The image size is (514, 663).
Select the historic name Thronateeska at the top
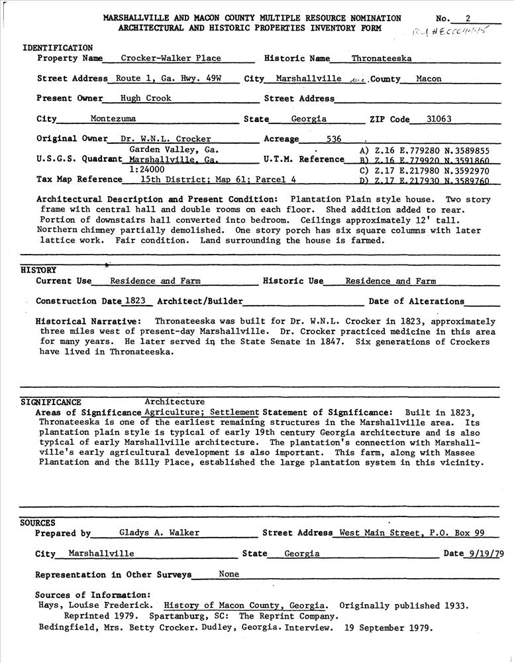point(381,58)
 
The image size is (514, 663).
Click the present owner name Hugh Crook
point(146,99)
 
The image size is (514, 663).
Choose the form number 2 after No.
point(468,18)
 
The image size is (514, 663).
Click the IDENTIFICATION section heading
point(58,48)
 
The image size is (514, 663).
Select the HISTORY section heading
point(38,271)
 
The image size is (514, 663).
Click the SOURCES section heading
point(38,523)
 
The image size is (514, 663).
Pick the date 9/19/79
point(482,554)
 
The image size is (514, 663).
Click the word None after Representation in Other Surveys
point(229,574)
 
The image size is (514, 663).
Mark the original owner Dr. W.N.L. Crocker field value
point(166,139)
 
